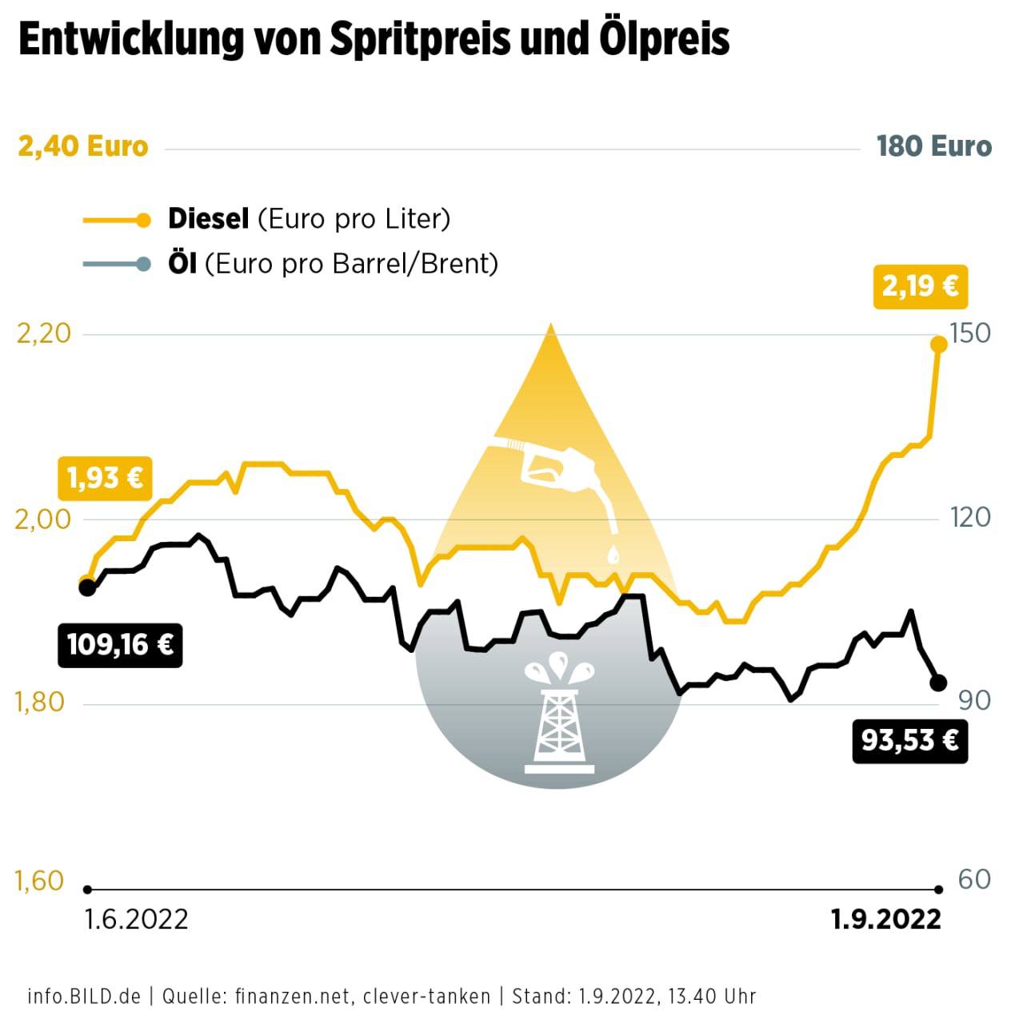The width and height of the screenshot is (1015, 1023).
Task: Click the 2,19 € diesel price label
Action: pos(920,286)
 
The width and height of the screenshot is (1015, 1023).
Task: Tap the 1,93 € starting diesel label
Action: pos(105,478)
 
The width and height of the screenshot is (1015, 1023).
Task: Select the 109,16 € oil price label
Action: pos(120,644)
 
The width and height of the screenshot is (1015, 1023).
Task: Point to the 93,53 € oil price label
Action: pos(909,741)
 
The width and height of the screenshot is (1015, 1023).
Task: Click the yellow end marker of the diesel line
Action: pos(939,344)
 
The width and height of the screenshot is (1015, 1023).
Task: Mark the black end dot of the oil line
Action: pos(938,683)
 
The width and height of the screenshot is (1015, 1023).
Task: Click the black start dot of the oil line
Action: pos(87,588)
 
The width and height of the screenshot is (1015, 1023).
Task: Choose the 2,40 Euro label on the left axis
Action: pos(83,147)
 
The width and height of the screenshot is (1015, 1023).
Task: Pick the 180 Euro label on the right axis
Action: pos(933,147)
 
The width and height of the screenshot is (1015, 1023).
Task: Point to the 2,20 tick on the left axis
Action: pos(44,333)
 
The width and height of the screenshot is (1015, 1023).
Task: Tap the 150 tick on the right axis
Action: pos(969,333)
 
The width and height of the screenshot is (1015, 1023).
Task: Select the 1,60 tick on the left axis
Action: pos(39,881)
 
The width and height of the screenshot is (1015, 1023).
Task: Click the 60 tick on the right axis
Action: pos(974,880)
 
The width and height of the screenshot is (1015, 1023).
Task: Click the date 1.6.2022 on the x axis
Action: pos(136,920)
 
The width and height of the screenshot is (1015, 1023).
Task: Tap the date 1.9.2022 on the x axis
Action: pos(886,920)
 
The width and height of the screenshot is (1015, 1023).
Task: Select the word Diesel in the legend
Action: pos(208,219)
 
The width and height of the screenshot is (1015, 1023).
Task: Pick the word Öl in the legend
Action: pos(182,264)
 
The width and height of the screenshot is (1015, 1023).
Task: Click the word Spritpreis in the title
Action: pos(421,39)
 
